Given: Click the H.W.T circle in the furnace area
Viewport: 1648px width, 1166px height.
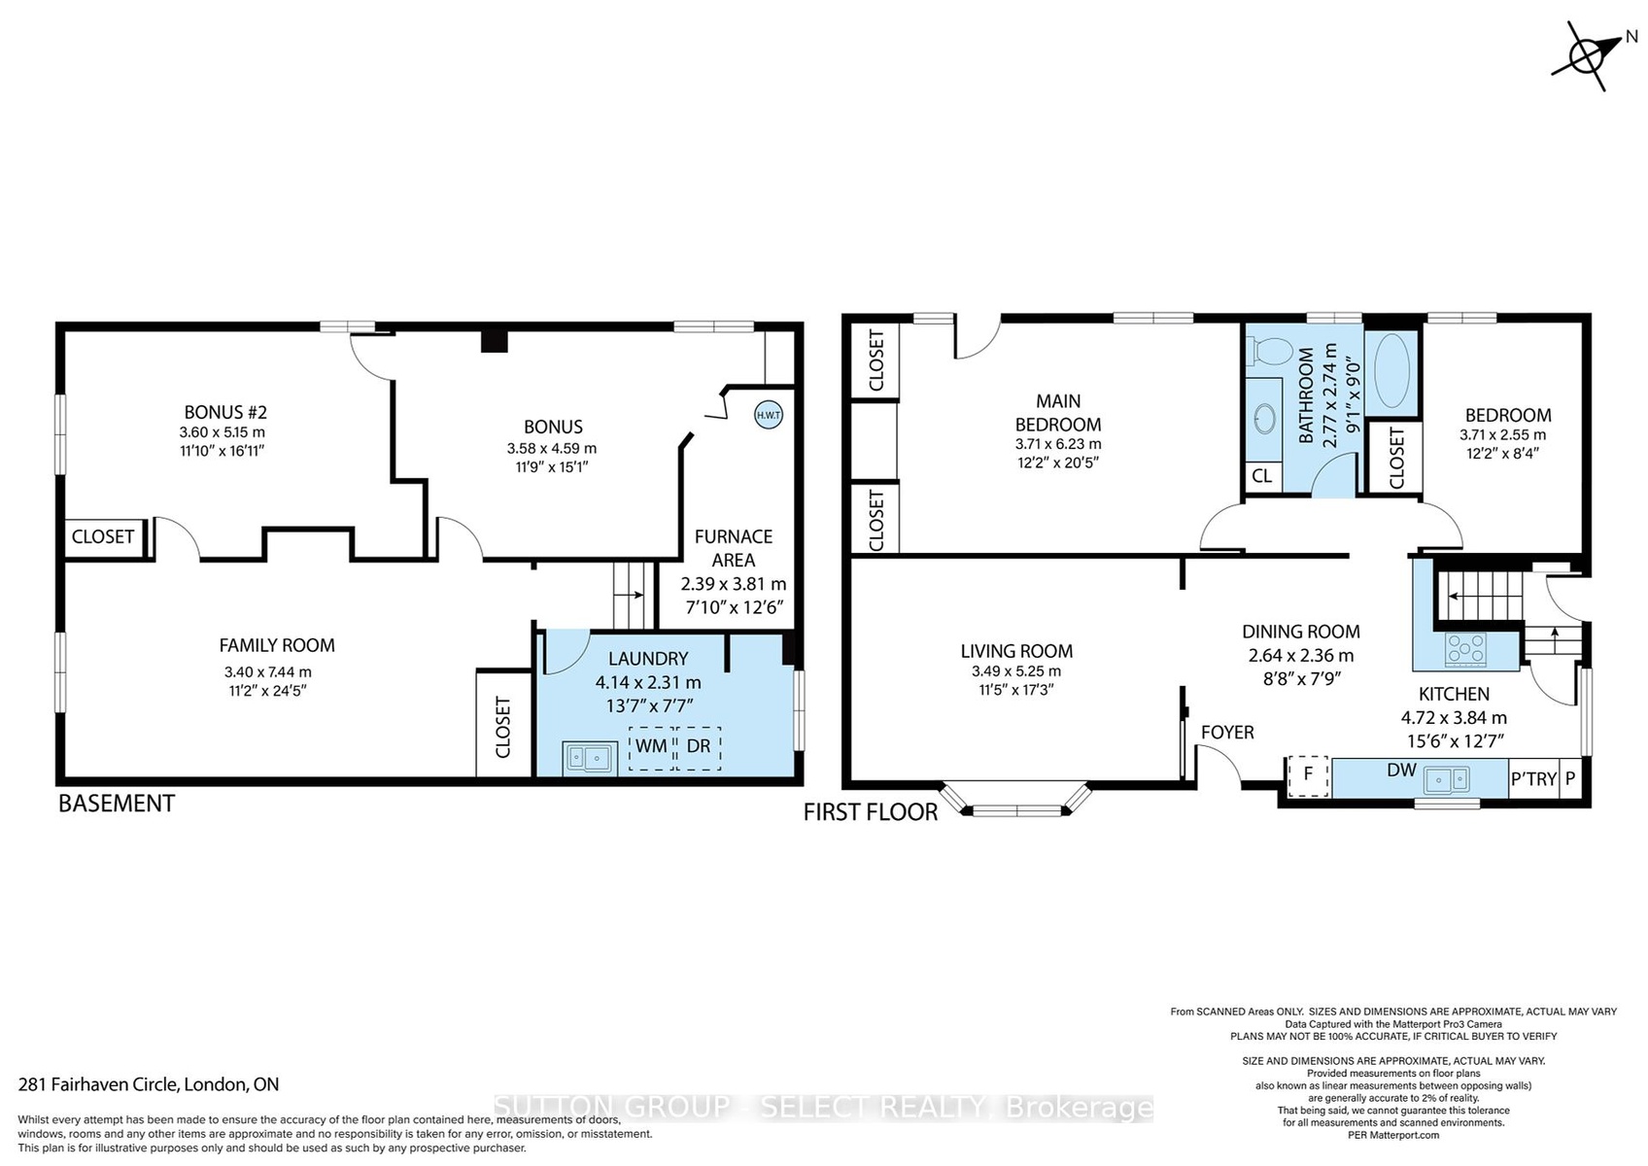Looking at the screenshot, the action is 769,416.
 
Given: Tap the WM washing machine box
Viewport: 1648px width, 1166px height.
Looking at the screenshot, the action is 651,747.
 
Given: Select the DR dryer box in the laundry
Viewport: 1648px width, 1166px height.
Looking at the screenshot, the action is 699,747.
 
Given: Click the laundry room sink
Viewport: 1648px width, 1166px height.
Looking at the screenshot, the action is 589,758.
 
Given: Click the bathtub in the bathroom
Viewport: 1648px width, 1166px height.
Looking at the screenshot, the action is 1391,371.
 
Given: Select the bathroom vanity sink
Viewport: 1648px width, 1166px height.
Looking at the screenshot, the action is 1265,419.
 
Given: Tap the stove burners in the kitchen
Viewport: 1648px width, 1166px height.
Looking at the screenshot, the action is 1465,650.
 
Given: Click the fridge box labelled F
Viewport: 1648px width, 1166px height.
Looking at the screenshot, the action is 1308,775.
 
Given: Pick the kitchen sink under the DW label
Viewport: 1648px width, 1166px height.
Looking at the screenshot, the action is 1447,779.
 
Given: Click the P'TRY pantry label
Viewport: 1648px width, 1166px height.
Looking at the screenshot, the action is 1534,778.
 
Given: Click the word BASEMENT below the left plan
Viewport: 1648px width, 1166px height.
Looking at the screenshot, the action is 117,805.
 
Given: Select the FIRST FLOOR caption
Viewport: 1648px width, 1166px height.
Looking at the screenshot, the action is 871,812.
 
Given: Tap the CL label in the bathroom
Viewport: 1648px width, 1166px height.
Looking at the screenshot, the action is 1261,476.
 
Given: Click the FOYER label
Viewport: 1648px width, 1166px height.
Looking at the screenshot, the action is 1227,732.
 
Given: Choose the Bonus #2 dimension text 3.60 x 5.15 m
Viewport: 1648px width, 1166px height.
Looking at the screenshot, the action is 223,432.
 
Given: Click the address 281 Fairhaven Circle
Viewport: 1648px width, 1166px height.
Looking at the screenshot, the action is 98,1084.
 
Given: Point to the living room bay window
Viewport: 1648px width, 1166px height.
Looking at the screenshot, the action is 1016,800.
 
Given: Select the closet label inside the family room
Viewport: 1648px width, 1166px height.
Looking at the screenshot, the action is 503,728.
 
